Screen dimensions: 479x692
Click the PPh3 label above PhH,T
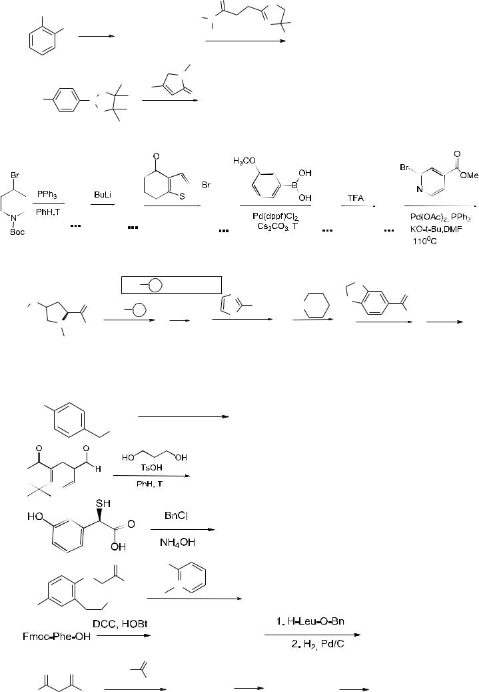tap(47, 194)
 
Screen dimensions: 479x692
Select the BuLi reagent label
tap(103, 195)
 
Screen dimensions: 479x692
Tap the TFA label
tap(356, 198)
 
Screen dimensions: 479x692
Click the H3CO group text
tap(244, 161)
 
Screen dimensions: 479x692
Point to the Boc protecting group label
tap(17, 232)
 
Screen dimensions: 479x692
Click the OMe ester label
tap(469, 176)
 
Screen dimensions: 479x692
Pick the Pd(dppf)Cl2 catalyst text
tap(276, 217)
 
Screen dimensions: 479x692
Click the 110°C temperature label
tap(425, 241)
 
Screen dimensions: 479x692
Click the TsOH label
tap(152, 468)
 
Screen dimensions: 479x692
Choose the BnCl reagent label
tap(177, 515)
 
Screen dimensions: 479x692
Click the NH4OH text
tap(178, 542)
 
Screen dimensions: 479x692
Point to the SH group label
tap(103, 504)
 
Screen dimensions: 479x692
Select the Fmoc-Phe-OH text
tap(57, 637)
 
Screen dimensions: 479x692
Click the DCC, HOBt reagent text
tap(120, 623)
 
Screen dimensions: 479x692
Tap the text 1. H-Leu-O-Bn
tap(310, 621)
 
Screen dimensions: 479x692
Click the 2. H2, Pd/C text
tap(318, 644)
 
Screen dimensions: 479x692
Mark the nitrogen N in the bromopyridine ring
tap(420, 190)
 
